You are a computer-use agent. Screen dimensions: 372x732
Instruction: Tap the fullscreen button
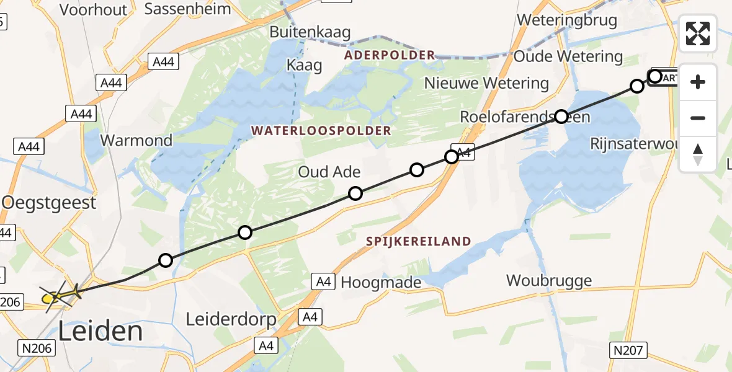[x=698, y=33]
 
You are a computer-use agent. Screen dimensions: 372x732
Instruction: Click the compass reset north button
[x=698, y=154]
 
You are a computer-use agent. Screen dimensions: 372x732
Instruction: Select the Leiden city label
[x=100, y=332]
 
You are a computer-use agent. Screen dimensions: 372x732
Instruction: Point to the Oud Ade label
[x=329, y=172]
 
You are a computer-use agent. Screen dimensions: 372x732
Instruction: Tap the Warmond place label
[x=136, y=140]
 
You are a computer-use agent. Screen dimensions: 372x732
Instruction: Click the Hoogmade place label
[x=381, y=283]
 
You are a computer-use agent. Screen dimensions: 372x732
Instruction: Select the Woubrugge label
[x=549, y=280]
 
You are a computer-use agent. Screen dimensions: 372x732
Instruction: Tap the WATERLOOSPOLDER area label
[x=321, y=130]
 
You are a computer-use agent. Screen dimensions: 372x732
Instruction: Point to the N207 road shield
[x=627, y=350]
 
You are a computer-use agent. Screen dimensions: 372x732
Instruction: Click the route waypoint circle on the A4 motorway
[x=452, y=156]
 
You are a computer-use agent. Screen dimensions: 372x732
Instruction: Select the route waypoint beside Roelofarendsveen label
[x=561, y=116]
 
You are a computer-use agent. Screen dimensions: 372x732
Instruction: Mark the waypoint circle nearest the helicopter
[x=165, y=260]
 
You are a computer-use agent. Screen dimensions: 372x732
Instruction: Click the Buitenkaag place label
[x=310, y=32]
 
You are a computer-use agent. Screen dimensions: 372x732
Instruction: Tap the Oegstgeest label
[x=50, y=202]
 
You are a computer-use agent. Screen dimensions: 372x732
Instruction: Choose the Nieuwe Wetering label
[x=486, y=83]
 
